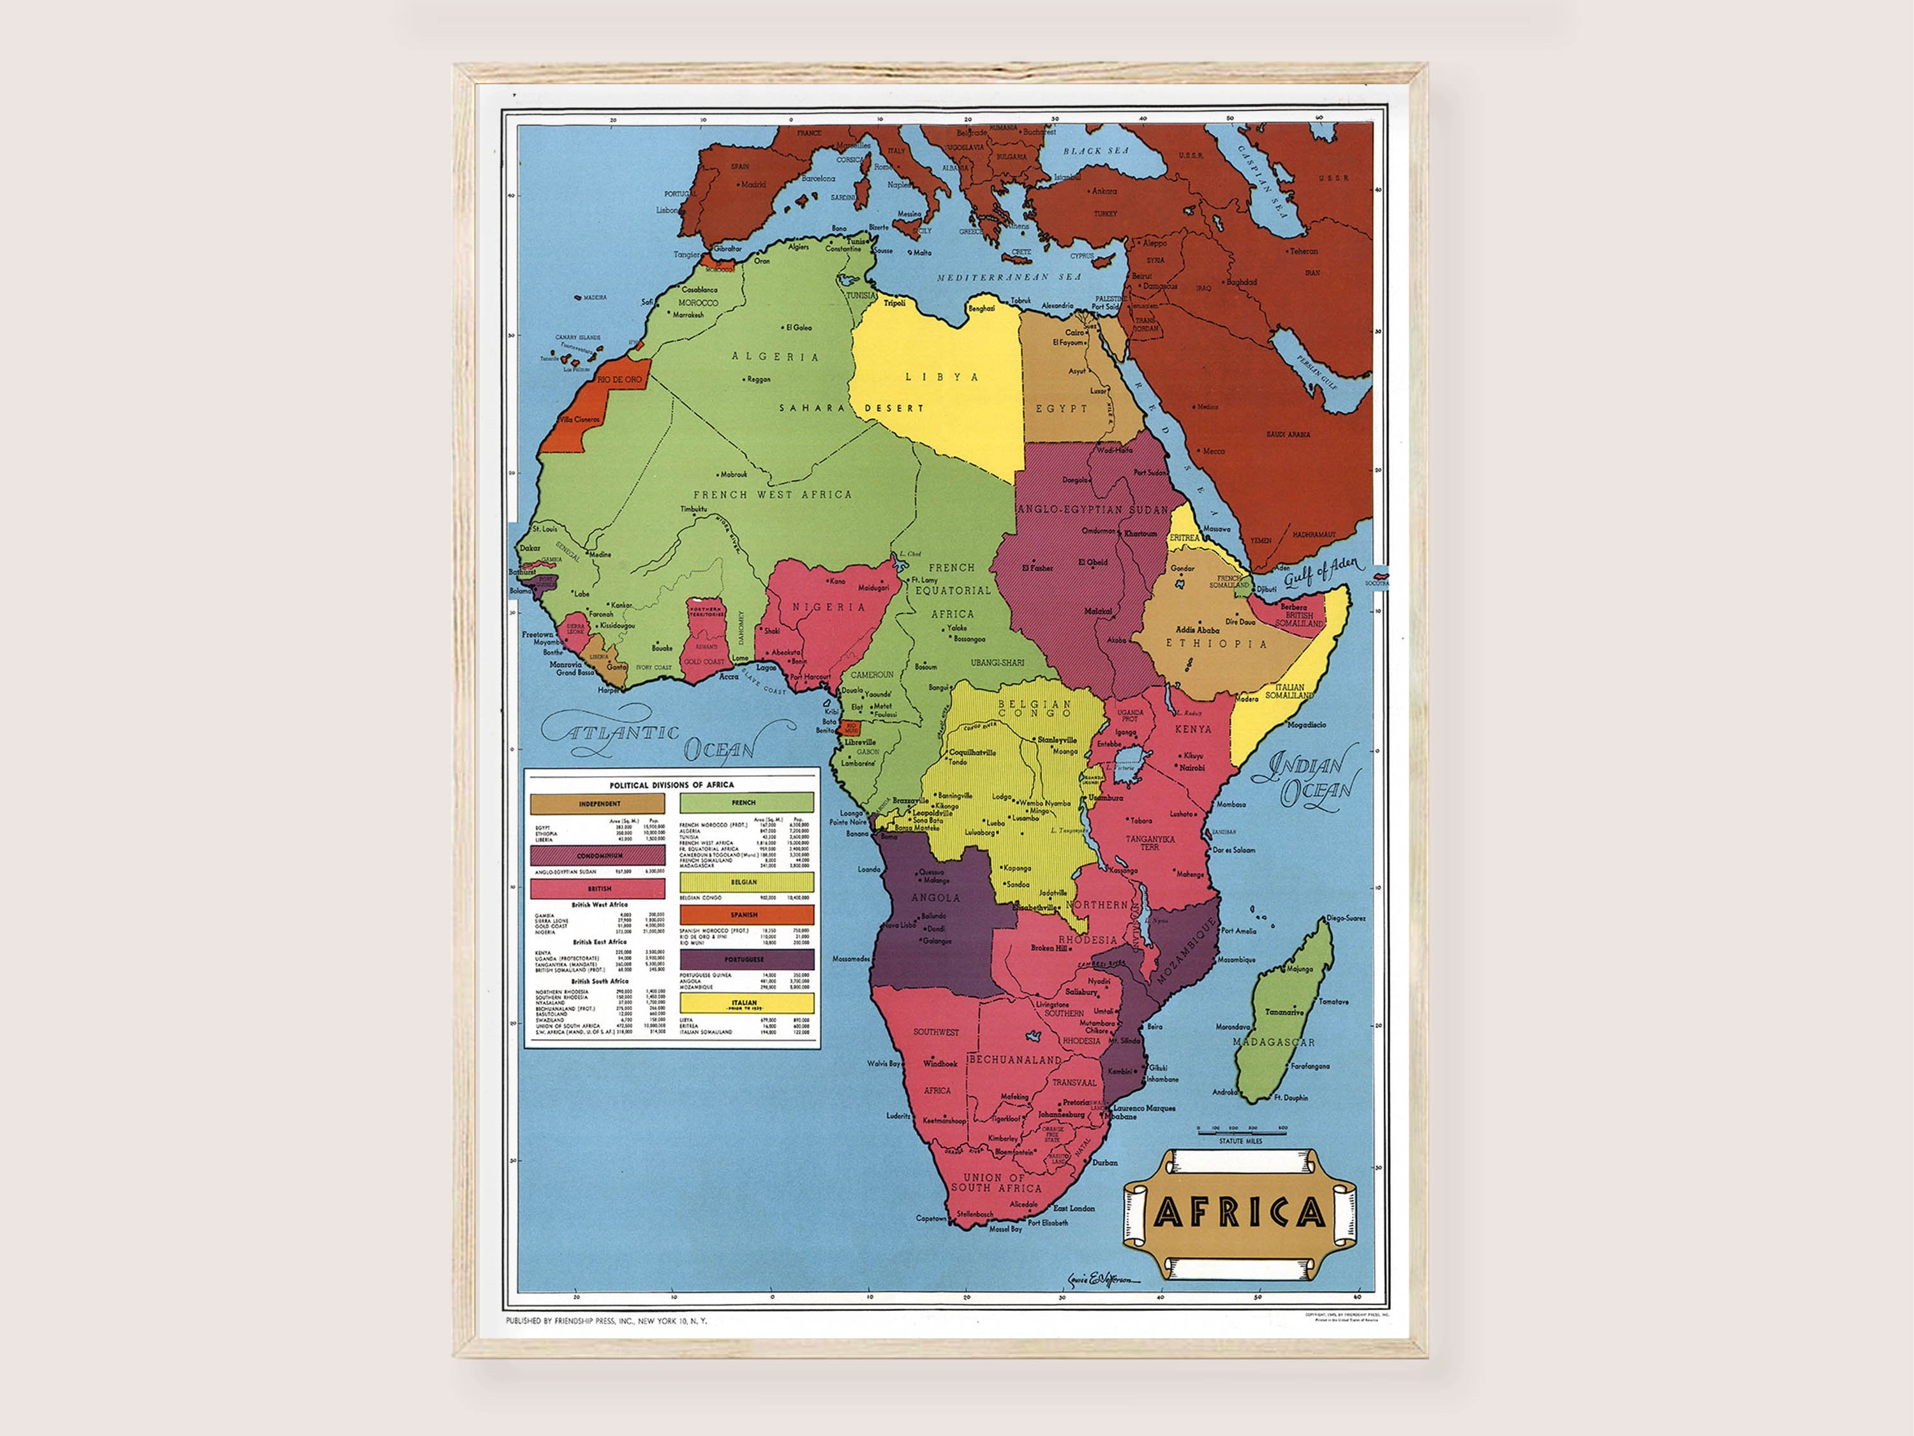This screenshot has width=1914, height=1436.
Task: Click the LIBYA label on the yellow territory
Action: [x=942, y=377]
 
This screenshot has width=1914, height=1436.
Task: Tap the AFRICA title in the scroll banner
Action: [x=1239, y=1213]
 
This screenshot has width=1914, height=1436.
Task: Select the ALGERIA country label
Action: [x=775, y=357]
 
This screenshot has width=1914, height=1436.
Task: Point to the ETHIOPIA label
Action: [x=1216, y=644]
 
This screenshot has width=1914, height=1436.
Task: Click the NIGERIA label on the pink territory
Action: [x=828, y=608]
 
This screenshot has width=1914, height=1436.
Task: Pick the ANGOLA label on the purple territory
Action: [x=935, y=897]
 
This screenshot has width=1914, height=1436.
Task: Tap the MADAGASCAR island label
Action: [x=1273, y=1043]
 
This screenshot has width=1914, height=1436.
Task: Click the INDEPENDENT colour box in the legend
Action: [x=598, y=804]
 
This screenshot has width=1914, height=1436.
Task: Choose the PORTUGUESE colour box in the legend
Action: [x=746, y=960]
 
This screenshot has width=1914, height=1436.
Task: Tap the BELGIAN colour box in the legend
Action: [x=746, y=882]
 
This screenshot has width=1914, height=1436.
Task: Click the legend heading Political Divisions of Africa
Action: [x=671, y=785]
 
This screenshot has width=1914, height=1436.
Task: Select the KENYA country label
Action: [x=1193, y=729]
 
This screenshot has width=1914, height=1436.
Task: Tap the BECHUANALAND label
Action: [x=1014, y=1059]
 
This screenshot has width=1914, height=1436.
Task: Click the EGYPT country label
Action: [x=1062, y=408]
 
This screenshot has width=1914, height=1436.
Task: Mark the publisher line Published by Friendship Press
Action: [x=605, y=1321]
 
